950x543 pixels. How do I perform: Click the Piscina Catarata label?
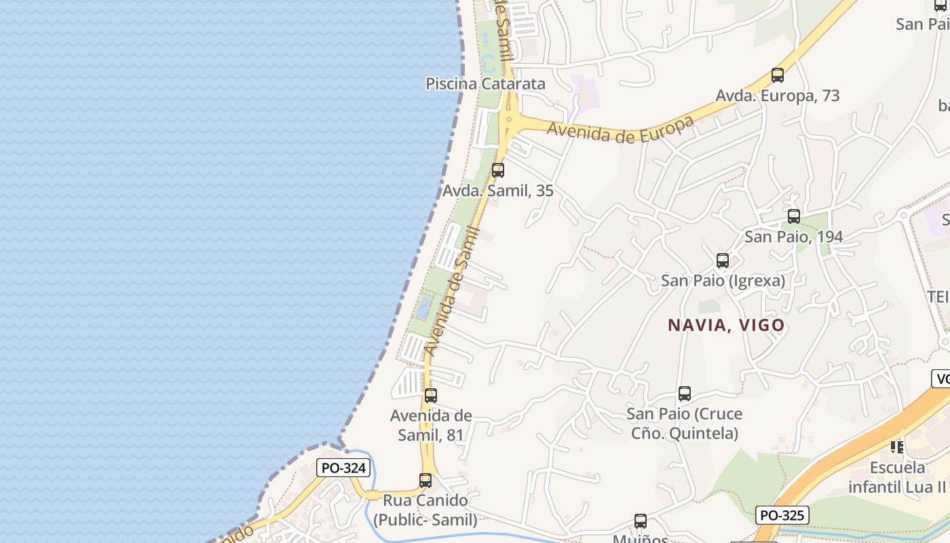(x=485, y=84)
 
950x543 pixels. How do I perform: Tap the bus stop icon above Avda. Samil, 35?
(x=498, y=170)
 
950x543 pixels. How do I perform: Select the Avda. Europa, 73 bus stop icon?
(x=778, y=75)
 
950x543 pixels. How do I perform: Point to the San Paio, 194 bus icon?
(x=794, y=217)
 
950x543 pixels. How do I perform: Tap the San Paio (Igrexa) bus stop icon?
(x=723, y=261)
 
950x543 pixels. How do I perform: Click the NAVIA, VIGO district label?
(x=726, y=325)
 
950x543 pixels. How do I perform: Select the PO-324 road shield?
(x=343, y=468)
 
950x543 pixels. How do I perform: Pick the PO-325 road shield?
(x=782, y=516)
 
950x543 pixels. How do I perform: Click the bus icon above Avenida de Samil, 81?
(x=431, y=396)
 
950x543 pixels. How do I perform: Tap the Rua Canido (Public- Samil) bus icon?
(x=425, y=481)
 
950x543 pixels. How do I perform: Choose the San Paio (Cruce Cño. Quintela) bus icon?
(x=685, y=394)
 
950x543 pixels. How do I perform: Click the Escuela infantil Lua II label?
(x=897, y=477)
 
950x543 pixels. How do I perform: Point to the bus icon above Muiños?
(x=641, y=521)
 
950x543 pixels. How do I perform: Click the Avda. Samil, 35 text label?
(x=498, y=191)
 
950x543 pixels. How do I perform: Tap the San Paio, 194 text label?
(x=794, y=237)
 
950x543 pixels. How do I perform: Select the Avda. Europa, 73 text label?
(x=778, y=96)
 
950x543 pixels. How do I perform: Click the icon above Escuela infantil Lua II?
(x=897, y=447)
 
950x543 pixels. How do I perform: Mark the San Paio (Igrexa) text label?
(x=723, y=280)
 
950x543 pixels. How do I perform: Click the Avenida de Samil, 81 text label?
(x=431, y=425)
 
